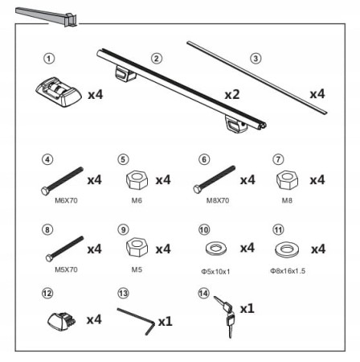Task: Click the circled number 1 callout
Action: [x=49, y=59]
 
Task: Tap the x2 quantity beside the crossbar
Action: [x=232, y=94]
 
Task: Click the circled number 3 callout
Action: [x=256, y=59]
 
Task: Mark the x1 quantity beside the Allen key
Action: [x=166, y=321]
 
